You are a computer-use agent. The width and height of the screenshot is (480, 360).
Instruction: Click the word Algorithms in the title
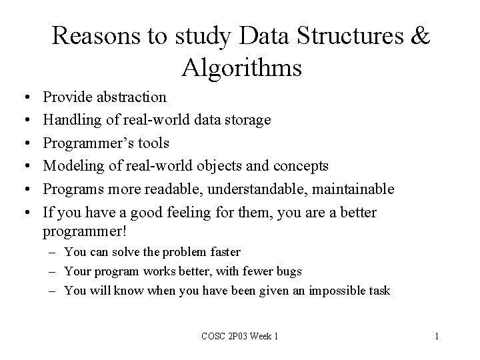click(241, 67)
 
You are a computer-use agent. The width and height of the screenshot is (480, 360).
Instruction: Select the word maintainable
click(355, 189)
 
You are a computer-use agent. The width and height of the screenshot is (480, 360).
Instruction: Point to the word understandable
click(258, 189)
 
